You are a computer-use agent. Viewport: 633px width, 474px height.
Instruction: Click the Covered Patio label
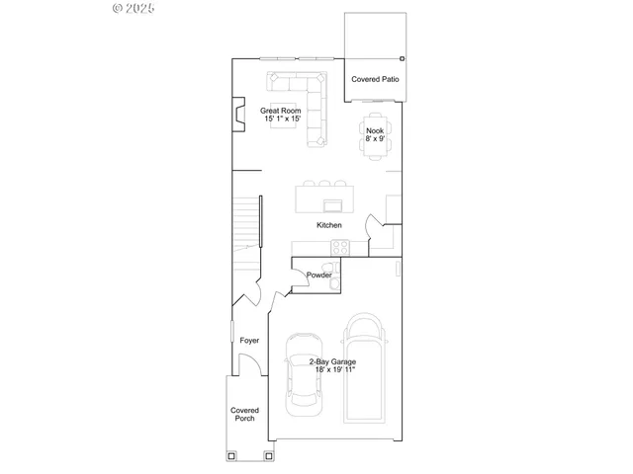click(376, 78)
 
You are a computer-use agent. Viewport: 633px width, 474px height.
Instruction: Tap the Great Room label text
click(280, 115)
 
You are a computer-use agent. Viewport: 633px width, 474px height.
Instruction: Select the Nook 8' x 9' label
click(375, 134)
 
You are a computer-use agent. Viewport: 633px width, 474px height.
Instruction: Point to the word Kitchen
click(329, 226)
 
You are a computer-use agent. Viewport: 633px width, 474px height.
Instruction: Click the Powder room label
click(318, 275)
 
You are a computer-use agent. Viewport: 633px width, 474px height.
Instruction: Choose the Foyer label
click(249, 341)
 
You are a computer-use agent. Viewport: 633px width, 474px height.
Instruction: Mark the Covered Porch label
click(244, 414)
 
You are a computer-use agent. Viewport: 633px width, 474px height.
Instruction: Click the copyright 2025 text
click(134, 9)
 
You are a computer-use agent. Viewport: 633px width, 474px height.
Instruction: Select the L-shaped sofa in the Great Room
click(307, 104)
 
